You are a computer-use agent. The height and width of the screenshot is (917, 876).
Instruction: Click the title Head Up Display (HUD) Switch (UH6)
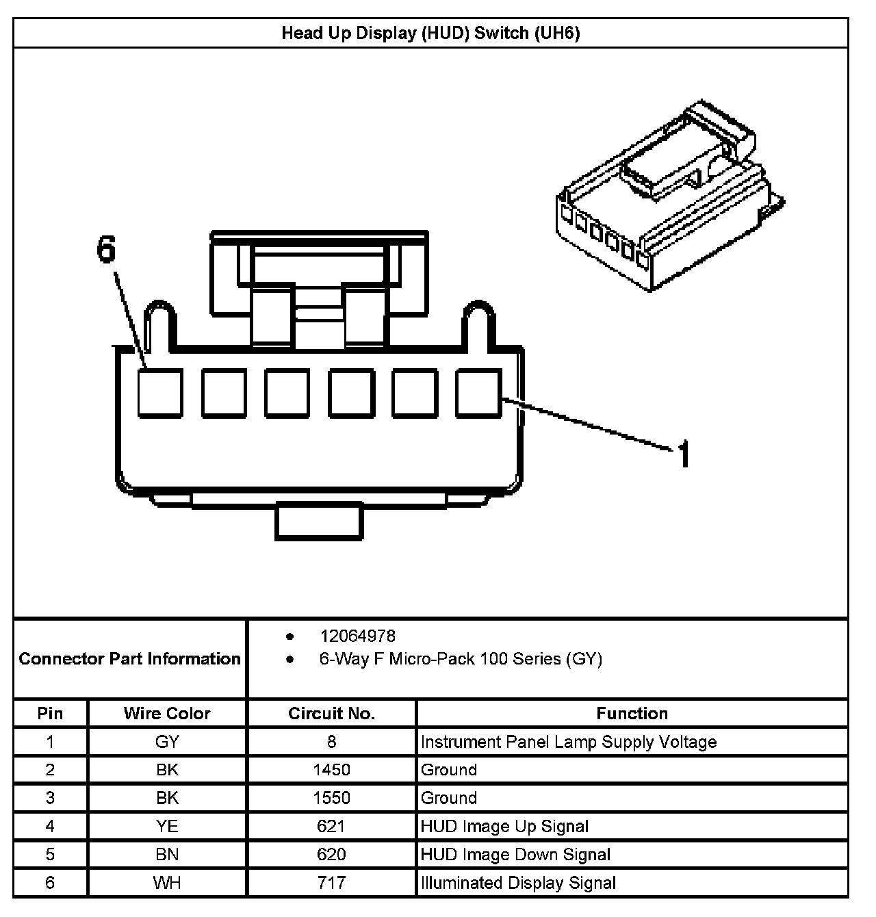430,33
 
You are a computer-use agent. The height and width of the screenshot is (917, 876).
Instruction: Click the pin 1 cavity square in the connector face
479,392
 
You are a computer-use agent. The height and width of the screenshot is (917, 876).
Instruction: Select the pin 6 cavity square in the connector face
160,392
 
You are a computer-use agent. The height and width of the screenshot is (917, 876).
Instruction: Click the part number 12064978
357,636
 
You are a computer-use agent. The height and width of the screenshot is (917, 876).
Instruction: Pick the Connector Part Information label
130,658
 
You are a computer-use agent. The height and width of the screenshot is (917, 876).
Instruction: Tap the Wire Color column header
167,713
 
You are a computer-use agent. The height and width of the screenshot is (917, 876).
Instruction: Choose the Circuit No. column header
331,713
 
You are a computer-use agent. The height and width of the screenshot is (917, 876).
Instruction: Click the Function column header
632,713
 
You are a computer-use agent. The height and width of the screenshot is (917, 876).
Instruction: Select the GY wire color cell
167,742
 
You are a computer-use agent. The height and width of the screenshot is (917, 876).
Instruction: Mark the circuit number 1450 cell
331,770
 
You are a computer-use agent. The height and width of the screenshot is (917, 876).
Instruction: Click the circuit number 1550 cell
331,798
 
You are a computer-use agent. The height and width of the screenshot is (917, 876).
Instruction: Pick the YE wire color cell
167,826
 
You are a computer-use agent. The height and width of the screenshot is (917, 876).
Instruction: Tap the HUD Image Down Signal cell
515,854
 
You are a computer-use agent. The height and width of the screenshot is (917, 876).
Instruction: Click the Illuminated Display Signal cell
518,883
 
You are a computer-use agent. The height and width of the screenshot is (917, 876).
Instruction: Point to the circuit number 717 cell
331,883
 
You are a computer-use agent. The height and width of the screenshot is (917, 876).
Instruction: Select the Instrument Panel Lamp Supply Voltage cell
569,742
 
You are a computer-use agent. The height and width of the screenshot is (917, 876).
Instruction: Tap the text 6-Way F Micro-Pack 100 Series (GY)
461,659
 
